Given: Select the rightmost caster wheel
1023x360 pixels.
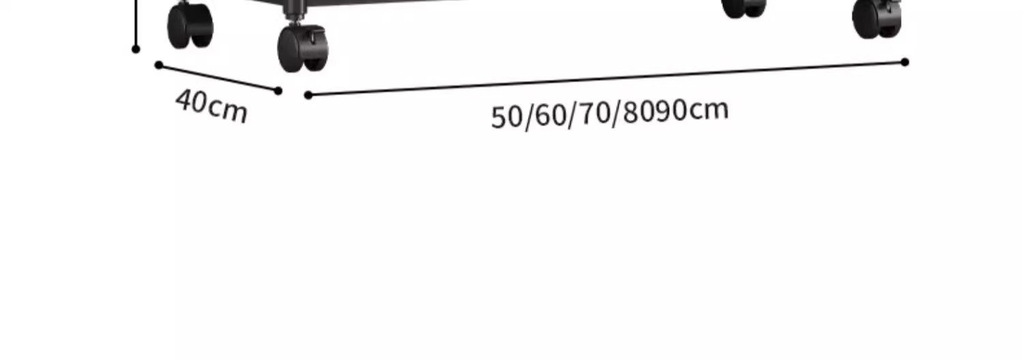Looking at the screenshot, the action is [x=877, y=18].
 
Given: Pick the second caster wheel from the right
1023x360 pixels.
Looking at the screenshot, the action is [x=743, y=7].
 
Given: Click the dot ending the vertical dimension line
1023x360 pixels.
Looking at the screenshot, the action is [x=136, y=49].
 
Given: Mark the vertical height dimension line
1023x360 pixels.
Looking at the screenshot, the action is [x=137, y=24].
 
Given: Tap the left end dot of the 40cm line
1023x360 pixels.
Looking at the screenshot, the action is [x=159, y=65].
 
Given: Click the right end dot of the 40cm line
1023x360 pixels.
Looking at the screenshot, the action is [x=278, y=91].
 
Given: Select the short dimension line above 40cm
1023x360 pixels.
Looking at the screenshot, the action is [x=218, y=78].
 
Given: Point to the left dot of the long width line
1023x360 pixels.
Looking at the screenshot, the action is [x=308, y=95].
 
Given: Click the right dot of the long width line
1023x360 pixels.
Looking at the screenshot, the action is [x=905, y=62].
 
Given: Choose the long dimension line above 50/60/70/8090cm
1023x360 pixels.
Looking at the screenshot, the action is [x=607, y=78].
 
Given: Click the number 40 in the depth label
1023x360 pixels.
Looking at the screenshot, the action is [x=191, y=102].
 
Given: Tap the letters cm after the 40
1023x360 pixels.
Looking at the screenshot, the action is [x=227, y=110].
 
